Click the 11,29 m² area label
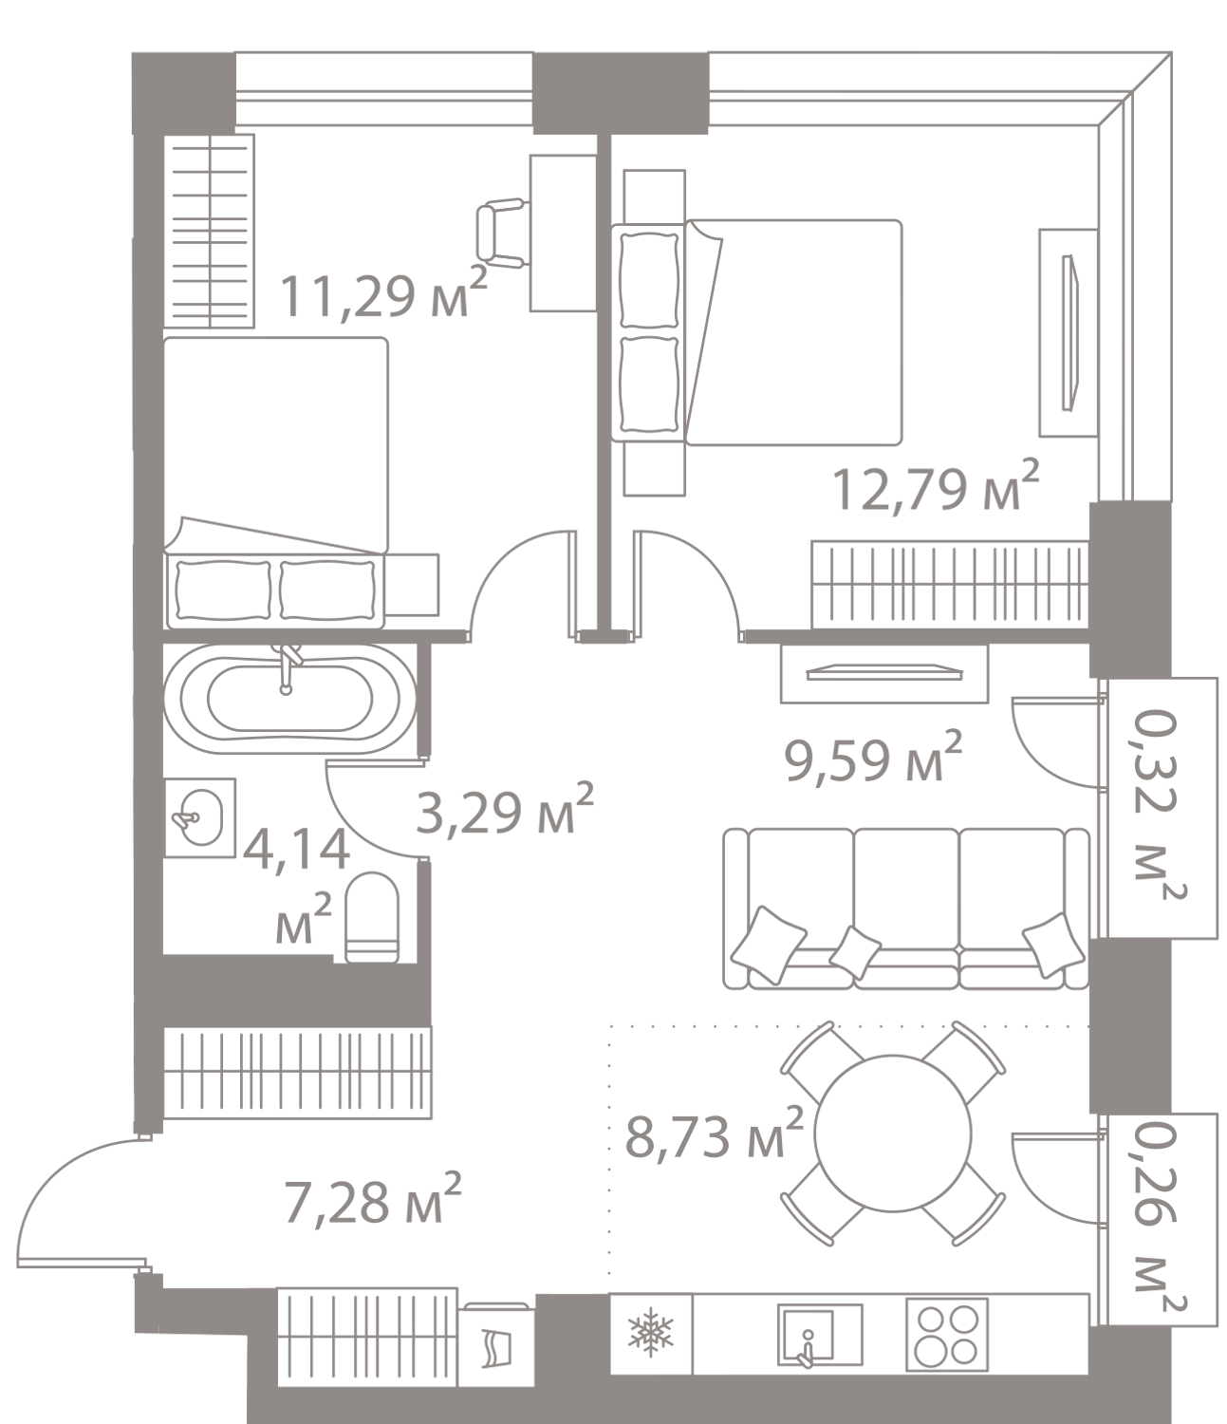[x=384, y=296]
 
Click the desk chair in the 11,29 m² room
[x=501, y=232]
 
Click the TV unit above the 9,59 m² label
[x=883, y=672]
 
